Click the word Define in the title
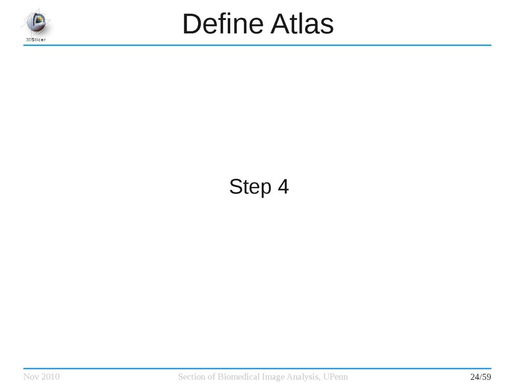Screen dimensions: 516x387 tap(223, 24)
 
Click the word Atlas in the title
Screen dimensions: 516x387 tap(302, 24)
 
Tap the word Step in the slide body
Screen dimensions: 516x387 tap(250, 187)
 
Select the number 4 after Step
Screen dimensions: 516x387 tap(283, 186)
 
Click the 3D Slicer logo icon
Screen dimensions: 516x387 tap(36, 23)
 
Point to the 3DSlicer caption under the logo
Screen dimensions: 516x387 tap(36, 40)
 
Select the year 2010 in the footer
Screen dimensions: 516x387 tap(51, 377)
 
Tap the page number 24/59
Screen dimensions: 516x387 tap(481, 377)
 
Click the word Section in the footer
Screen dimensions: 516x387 tap(191, 377)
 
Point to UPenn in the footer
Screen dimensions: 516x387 tap(335, 377)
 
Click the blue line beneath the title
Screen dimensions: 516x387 tap(257, 45)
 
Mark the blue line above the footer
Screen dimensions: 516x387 tap(257, 368)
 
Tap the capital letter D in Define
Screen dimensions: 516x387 tap(192, 24)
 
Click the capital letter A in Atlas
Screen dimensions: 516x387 tap(280, 24)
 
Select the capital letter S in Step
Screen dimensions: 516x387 tap(235, 186)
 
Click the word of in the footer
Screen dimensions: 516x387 tap(211, 377)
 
